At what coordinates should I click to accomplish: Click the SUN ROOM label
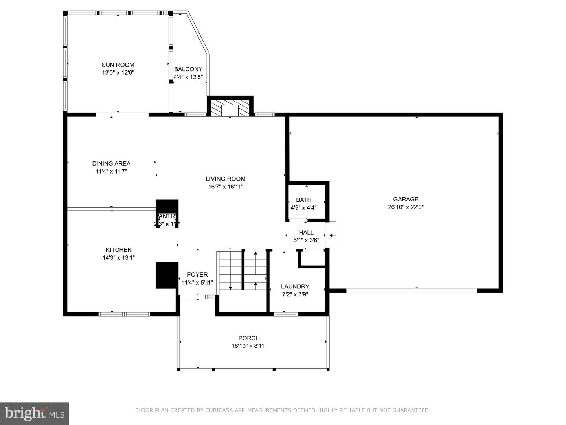point(118,65)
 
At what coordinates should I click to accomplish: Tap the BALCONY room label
point(188,69)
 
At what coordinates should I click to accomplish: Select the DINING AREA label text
point(111,164)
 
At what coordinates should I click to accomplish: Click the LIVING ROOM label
point(226,179)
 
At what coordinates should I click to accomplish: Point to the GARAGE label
point(406,200)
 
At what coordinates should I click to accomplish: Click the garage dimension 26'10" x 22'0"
point(406,207)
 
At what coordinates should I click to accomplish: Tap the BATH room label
point(303,200)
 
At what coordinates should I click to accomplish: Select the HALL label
point(306,233)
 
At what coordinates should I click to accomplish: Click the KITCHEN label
point(118,250)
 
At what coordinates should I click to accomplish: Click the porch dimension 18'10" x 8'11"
point(249,346)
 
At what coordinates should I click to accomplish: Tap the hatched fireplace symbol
point(230,108)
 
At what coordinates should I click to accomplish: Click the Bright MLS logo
point(35,413)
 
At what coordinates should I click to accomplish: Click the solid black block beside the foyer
point(167,275)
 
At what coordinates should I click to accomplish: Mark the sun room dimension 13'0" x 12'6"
point(118,73)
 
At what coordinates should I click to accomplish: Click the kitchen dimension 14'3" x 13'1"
point(118,258)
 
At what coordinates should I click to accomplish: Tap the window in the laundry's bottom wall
point(286,314)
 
